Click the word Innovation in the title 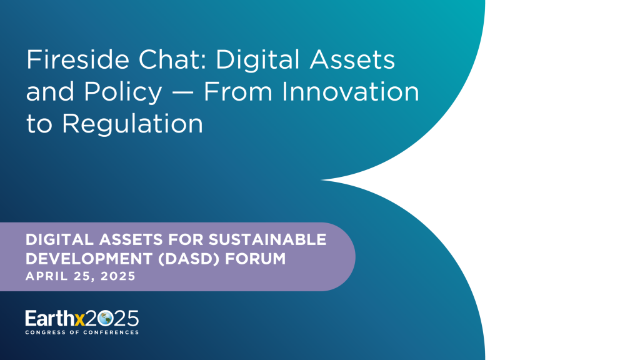click(x=349, y=92)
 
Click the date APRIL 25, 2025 click(x=80, y=276)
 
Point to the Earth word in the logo click(x=48, y=318)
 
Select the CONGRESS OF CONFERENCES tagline click(x=82, y=332)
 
